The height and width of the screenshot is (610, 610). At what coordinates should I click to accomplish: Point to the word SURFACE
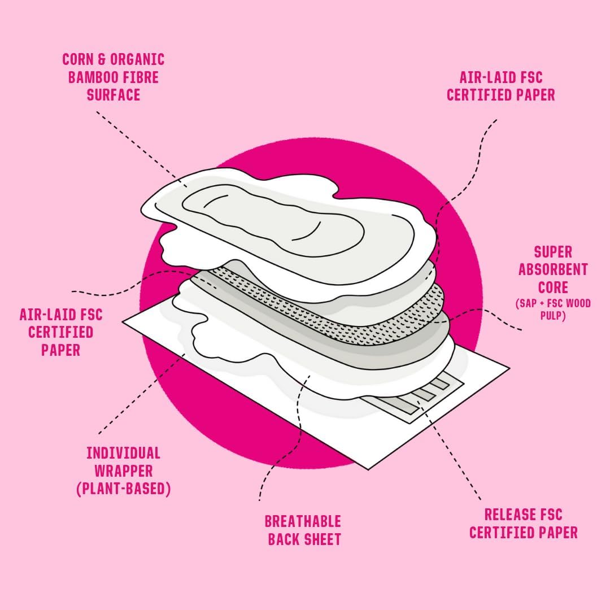[114, 94]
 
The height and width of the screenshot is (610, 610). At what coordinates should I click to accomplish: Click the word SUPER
[553, 252]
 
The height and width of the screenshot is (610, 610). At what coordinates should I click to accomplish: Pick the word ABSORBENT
[553, 269]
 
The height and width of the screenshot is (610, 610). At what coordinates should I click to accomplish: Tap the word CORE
[553, 287]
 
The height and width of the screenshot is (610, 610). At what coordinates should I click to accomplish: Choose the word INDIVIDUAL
[123, 453]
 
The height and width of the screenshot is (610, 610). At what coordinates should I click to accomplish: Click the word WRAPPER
[123, 470]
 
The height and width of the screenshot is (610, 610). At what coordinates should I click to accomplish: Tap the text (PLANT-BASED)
[123, 489]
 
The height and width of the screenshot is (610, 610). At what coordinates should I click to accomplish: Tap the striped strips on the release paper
[418, 395]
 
